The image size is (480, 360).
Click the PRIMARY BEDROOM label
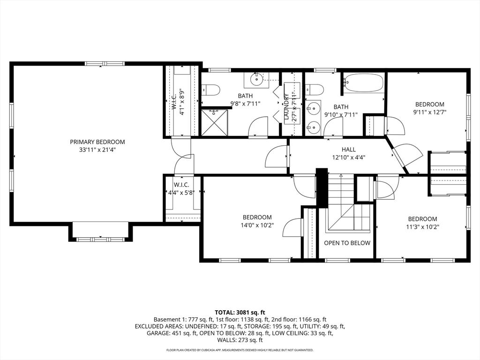tap(97, 142)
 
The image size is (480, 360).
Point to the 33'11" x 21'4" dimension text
tap(97, 150)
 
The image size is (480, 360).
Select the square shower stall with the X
tap(215, 122)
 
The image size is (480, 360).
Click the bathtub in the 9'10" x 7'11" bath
tap(364, 83)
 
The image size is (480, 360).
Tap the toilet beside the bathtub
tap(315, 90)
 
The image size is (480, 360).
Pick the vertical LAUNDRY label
tap(286, 107)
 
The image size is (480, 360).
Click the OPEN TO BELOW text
tap(347, 243)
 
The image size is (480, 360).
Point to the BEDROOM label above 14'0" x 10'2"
tap(257, 217)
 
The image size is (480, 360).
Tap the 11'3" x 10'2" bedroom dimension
tap(422, 227)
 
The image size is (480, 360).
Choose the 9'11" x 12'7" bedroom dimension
tap(429, 112)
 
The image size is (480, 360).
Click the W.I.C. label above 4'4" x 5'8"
tap(180, 184)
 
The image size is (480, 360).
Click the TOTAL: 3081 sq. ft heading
tap(240, 312)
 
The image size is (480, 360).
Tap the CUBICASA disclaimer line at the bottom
tap(240, 350)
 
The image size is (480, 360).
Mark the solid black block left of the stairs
tap(322, 187)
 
